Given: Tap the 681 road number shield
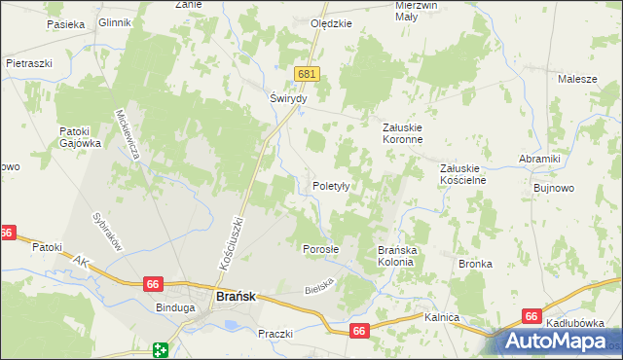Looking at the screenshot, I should tap(308, 74).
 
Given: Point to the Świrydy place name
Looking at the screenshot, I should tap(288, 99).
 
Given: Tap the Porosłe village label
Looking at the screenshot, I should tap(320, 248).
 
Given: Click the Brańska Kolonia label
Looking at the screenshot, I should tap(397, 255).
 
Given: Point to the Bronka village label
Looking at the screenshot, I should tap(475, 264).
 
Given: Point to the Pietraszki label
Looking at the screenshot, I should tap(28, 62).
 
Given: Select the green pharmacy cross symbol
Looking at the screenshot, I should tap(161, 349).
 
